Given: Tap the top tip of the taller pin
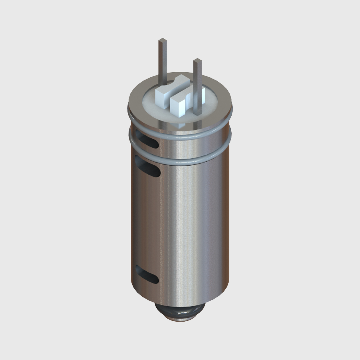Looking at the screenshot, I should click(163, 40).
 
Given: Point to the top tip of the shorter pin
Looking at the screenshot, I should click(197, 60).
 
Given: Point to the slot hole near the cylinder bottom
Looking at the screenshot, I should click(147, 274).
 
